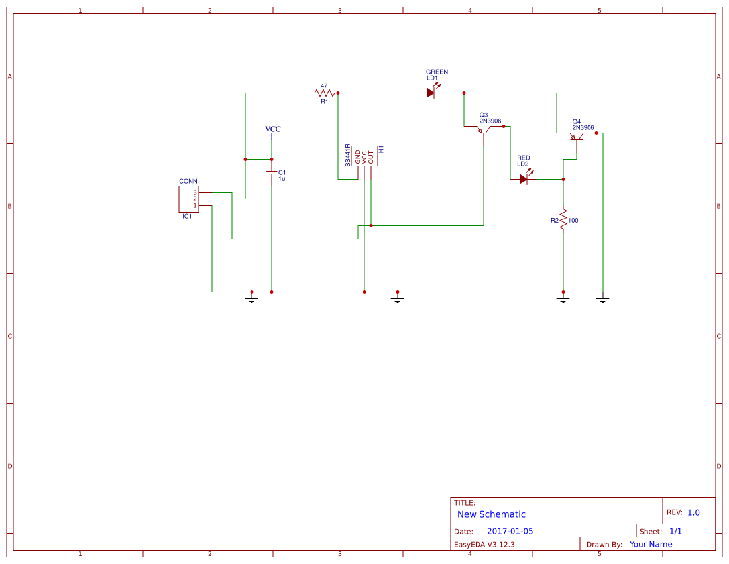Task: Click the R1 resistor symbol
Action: point(325,93)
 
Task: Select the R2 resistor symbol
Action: point(563,219)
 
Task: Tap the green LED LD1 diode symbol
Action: point(431,93)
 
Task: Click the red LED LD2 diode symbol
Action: point(524,178)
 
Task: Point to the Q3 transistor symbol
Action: point(484,131)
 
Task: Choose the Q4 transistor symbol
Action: point(577,137)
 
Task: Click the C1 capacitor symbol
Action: point(272,172)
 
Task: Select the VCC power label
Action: point(272,129)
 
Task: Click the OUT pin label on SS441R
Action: point(371,158)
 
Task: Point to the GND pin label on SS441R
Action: point(358,158)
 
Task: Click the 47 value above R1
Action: point(324,85)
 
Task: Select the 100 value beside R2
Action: point(573,220)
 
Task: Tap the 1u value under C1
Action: point(282,179)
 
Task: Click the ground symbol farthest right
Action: point(602,299)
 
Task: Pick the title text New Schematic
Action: point(491,514)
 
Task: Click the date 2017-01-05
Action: point(510,531)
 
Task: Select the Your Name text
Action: point(650,544)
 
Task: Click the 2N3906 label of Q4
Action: point(583,128)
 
